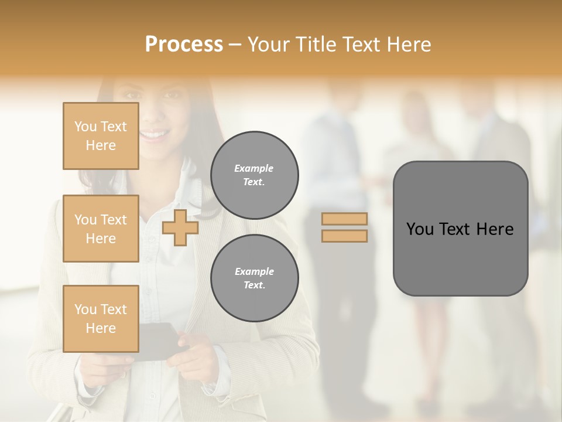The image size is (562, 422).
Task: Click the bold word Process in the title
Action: point(184,44)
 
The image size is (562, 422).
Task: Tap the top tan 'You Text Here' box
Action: point(101,136)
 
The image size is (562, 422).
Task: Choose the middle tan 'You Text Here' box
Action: point(101,229)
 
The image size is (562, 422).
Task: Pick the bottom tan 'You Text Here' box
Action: point(101,319)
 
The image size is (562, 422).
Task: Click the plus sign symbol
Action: point(180,227)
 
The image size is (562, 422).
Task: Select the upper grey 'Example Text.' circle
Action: point(254,175)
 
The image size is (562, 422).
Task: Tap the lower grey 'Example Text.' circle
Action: point(254,278)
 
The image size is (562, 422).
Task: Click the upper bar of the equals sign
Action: point(345,219)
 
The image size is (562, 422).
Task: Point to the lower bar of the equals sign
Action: point(345,236)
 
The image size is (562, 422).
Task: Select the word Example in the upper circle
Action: point(254,168)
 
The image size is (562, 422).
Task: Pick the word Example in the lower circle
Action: point(254,271)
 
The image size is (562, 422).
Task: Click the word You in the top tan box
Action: point(85,127)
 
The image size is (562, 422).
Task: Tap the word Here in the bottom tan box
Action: point(101,328)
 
